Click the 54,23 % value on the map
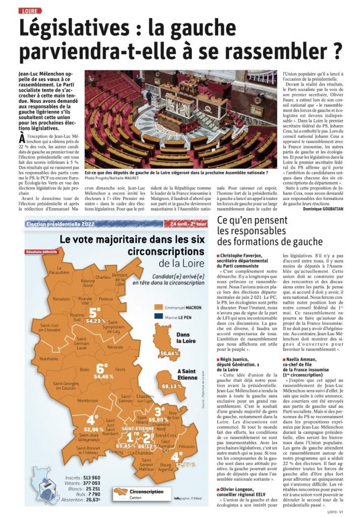click(96, 320)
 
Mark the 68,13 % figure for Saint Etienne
click(172, 386)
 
